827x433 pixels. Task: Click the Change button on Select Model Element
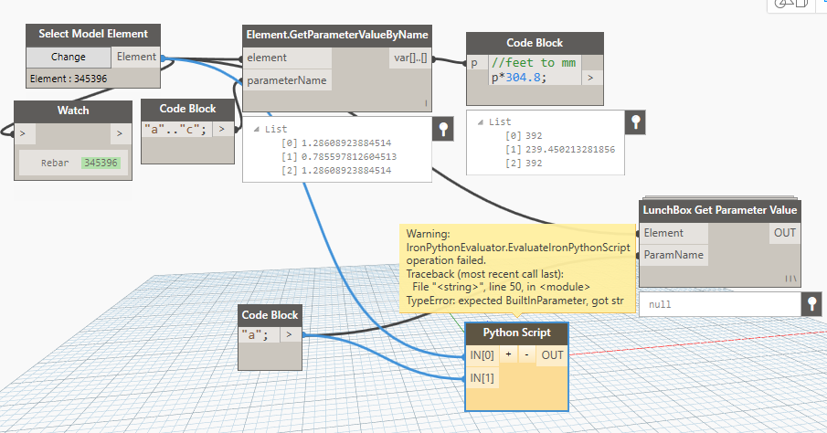point(68,57)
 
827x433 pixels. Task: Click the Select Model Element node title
point(92,34)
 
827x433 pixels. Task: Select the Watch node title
point(72,111)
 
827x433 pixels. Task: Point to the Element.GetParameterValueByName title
point(337,35)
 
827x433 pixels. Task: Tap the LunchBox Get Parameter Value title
point(720,210)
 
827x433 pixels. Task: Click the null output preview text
point(660,304)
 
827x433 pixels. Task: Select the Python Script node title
point(516,333)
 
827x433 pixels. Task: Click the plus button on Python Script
point(507,355)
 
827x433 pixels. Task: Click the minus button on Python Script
point(525,355)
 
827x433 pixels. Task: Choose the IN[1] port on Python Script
point(482,376)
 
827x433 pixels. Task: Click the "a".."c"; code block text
point(178,130)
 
